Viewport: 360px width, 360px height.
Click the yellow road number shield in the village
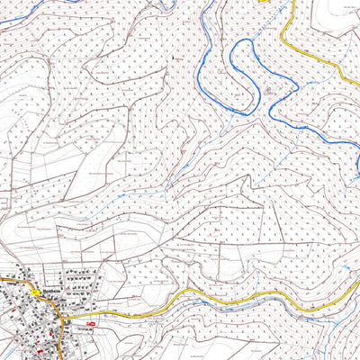(33, 292)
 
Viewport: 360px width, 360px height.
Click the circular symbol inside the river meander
(269, 91)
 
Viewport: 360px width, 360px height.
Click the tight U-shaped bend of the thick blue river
(236, 63)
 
